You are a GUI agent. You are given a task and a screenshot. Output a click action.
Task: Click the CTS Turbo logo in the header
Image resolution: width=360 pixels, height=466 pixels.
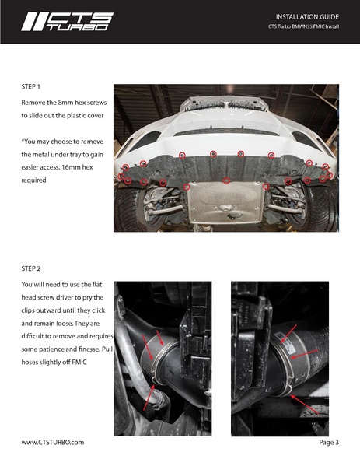(68, 22)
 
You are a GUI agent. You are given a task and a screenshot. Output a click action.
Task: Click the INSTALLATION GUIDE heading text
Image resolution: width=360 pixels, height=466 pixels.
(307, 17)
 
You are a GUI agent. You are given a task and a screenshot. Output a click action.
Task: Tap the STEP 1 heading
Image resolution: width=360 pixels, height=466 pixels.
(30, 87)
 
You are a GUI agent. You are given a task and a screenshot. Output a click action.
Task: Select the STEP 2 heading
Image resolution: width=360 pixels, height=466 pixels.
(30, 268)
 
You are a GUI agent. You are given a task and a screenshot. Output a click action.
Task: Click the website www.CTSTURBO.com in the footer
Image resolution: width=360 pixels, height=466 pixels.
(53, 442)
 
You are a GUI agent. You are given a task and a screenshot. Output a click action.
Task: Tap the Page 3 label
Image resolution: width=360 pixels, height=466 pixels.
(329, 442)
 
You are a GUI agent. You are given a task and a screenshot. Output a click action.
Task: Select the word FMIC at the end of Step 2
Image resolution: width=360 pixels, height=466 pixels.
(79, 362)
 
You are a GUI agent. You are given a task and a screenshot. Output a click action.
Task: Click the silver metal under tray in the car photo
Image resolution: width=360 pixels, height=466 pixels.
(225, 202)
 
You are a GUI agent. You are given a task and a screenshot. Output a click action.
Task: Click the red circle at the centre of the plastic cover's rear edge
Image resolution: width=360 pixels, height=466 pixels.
(226, 180)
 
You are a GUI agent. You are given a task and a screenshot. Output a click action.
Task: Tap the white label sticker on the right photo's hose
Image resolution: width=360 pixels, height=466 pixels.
(283, 338)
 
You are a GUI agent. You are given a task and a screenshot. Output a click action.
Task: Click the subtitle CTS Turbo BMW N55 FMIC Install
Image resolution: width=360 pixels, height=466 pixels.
(303, 26)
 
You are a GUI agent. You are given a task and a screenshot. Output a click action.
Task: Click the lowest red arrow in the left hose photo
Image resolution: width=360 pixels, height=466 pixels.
(149, 398)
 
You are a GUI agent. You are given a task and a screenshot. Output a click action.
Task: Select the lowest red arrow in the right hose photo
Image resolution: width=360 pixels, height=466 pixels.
(305, 405)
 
